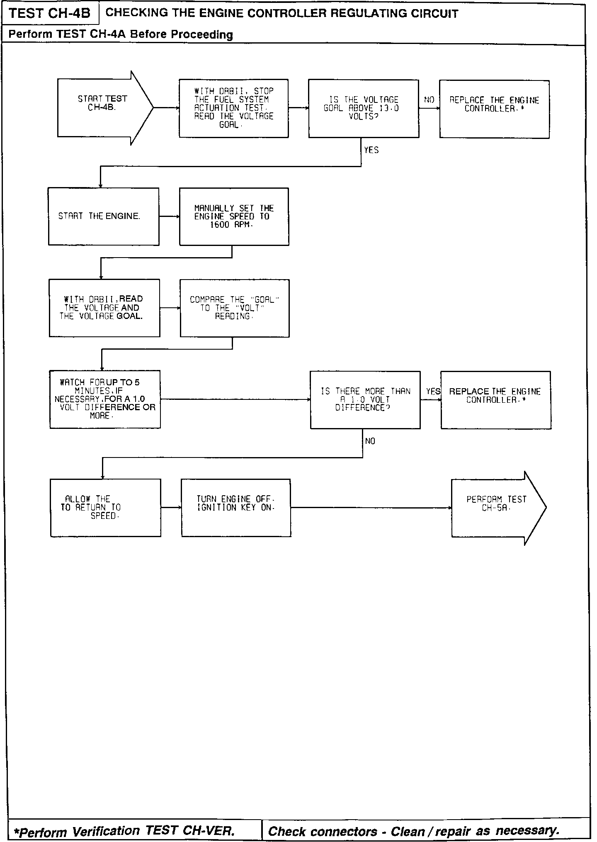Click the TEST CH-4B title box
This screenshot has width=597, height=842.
pos(49,14)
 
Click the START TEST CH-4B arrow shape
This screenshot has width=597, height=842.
pos(104,108)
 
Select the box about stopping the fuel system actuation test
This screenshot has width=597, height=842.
pos(234,108)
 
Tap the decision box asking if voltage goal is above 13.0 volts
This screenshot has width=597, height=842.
pos(363,108)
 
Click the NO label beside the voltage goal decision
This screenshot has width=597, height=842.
pos(429,100)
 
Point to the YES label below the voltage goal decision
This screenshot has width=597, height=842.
pos(371,150)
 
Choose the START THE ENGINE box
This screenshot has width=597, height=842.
pos(104,217)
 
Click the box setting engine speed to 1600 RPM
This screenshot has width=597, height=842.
pos(234,217)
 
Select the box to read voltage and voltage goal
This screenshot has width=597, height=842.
pos(104,308)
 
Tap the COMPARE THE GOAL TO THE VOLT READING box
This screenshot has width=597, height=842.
pos(234,308)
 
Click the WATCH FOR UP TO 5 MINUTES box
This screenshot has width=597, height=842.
pos(105,399)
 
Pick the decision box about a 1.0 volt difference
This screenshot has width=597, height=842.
pos(365,400)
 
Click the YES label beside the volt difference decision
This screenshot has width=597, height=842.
pos(433,392)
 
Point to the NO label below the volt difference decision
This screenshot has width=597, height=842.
pos(370,441)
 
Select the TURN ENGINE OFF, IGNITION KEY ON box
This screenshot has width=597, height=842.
pos(236,508)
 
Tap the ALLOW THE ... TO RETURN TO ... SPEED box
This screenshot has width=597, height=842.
pos(105,508)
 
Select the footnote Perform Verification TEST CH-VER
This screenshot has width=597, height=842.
pos(124,831)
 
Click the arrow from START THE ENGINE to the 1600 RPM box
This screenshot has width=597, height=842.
pos(169,217)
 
